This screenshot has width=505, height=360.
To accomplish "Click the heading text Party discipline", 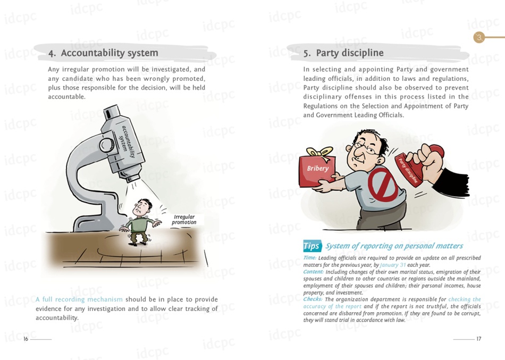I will click(350, 53).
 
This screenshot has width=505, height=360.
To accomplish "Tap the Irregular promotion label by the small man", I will click(184, 220).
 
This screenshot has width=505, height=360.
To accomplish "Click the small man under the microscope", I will click(139, 222).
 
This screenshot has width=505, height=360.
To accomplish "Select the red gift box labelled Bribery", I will click(317, 170).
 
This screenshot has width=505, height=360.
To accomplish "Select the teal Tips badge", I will click(312, 246).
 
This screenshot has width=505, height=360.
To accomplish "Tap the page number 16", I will click(26, 339).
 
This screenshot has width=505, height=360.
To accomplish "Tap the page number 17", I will click(479, 339).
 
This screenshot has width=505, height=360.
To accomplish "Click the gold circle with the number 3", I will click(479, 37).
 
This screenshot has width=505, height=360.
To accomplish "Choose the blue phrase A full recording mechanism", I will click(79, 299).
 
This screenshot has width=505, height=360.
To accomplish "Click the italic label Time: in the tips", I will click(309, 258).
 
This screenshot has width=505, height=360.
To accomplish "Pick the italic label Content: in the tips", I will click(314, 272).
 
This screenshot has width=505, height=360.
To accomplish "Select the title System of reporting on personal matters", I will click(394, 246).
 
